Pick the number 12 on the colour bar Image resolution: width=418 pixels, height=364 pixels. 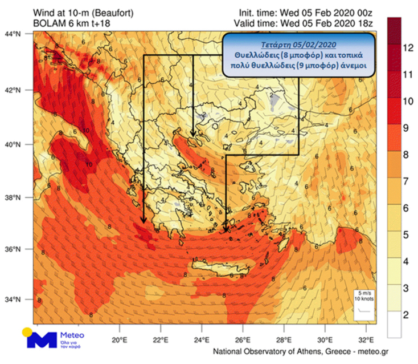point(407,48)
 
